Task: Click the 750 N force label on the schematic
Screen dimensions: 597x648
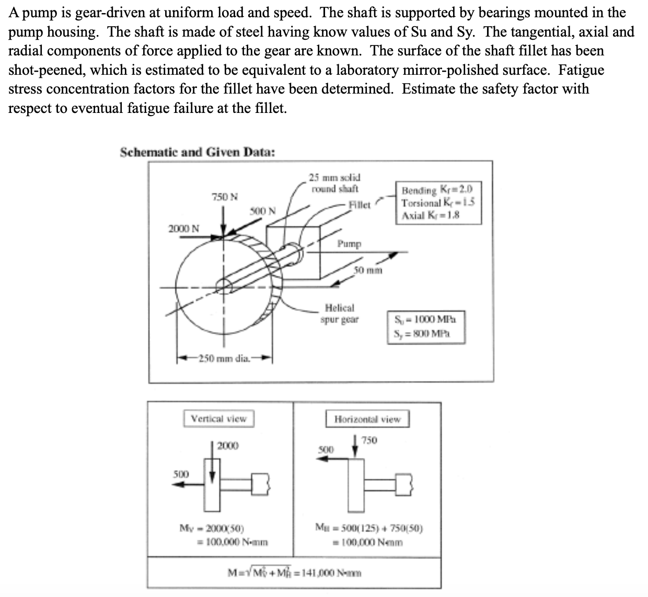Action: (x=224, y=197)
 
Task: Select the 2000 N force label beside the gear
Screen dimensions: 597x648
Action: (x=183, y=228)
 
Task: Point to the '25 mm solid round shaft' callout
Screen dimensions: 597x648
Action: (x=334, y=183)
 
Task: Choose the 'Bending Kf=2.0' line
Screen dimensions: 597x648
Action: (x=437, y=190)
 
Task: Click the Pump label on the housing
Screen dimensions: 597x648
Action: (x=349, y=244)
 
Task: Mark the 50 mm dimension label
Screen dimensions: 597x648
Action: (x=368, y=270)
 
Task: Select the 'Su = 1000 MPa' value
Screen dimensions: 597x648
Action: (x=425, y=319)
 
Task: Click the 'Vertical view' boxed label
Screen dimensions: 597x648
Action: (x=218, y=419)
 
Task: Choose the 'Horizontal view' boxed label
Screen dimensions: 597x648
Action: (x=367, y=419)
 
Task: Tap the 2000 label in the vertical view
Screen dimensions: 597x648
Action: (x=228, y=446)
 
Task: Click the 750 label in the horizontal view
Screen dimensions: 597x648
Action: (x=369, y=440)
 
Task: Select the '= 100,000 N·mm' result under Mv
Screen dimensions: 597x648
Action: (x=232, y=542)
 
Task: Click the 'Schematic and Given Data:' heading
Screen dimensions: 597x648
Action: (x=198, y=153)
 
